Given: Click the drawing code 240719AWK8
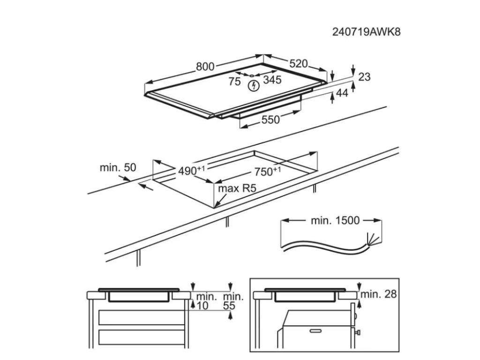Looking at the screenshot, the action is point(367,32).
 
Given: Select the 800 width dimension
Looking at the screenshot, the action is point(205,67).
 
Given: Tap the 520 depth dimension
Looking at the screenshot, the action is point(298,63).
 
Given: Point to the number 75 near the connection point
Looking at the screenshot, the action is point(234,82).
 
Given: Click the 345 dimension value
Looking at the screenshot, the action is point(272,80).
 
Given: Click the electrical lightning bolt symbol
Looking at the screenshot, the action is point(254,86).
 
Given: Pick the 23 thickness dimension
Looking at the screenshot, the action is point(364,76).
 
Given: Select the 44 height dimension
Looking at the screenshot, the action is point(342,93).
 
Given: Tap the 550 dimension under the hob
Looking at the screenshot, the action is point(270,120).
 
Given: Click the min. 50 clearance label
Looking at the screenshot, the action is point(118,167).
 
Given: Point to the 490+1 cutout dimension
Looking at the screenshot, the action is point(192,170).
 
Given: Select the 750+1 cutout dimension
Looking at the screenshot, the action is point(268,171).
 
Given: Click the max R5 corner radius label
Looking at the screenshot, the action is point(237,188).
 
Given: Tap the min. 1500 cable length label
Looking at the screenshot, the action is point(335,220).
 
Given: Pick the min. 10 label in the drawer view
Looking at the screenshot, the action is point(206,301).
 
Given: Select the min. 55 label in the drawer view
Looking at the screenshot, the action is point(233,301).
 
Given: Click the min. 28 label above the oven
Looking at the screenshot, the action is point(379,294).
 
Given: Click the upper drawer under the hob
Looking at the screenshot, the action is point(142,317).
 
